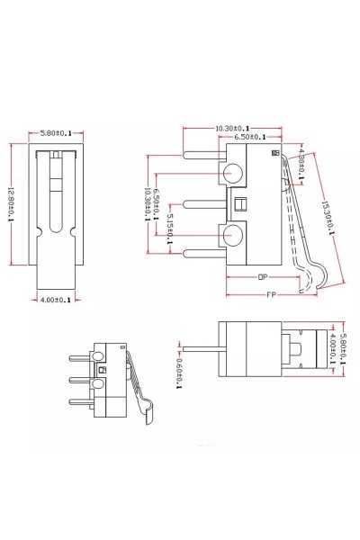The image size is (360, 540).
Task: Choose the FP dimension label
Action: click(272, 294)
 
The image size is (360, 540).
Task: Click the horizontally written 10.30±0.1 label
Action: click(232, 129)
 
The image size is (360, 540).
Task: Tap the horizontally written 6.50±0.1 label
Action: click(247, 138)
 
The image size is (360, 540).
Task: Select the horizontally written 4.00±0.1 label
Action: click(54, 300)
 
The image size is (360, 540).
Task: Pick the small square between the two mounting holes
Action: click(239, 203)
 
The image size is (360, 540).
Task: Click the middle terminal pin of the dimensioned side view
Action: click(201, 203)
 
